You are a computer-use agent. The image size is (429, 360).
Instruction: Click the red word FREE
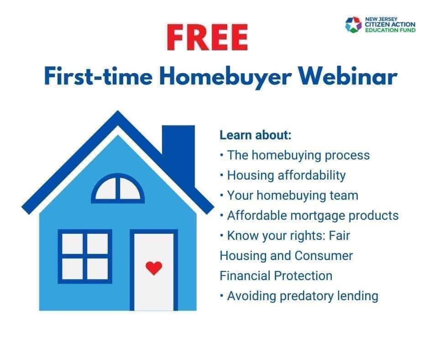click(x=207, y=37)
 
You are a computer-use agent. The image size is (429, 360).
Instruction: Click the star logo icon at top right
click(x=354, y=25)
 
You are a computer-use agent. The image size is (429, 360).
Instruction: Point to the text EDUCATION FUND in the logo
click(x=390, y=30)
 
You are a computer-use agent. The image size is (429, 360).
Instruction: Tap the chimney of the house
click(x=178, y=154)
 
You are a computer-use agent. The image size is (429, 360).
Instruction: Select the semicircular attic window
click(x=118, y=188)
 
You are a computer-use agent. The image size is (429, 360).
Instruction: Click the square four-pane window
click(x=85, y=256)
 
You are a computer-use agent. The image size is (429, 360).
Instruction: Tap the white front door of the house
click(x=154, y=271)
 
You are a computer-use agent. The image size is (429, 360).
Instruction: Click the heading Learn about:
click(x=256, y=135)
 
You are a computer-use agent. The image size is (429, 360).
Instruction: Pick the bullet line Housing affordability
click(x=283, y=175)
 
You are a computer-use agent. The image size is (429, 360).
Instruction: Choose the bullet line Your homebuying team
click(x=289, y=196)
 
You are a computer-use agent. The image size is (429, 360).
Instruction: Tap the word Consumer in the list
click(x=324, y=256)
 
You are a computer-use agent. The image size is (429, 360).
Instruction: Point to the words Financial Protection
click(x=276, y=276)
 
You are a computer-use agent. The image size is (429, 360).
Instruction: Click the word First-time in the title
click(x=98, y=77)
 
